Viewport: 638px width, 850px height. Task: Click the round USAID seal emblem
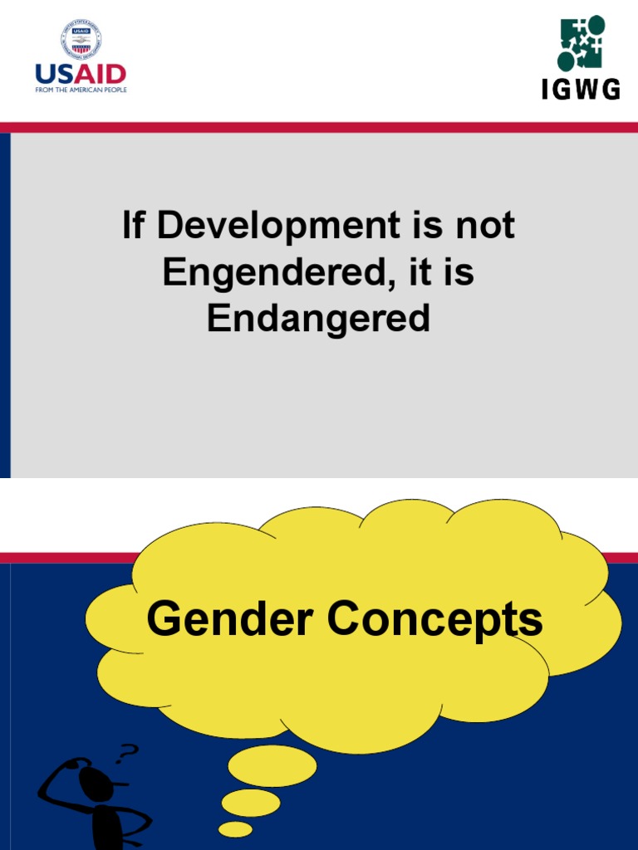pos(81,39)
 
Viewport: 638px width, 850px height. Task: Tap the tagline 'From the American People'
pos(81,90)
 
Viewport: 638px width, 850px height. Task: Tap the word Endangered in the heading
pos(318,319)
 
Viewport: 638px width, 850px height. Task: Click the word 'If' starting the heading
pos(133,226)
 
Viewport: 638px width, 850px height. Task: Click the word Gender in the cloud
pos(230,619)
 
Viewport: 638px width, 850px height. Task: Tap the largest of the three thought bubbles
pos(272,765)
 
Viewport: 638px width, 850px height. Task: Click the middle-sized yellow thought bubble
pos(250,802)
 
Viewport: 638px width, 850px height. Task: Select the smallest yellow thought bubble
pos(235,828)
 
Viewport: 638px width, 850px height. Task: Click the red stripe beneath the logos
pos(319,128)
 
